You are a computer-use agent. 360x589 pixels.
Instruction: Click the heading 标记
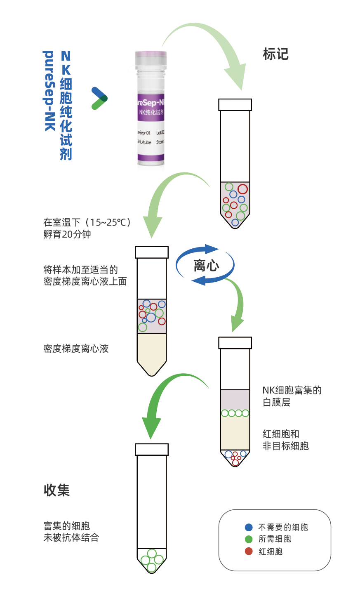click(x=275, y=54)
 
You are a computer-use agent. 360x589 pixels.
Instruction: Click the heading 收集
click(x=57, y=490)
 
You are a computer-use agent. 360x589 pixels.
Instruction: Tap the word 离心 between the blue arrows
click(x=206, y=265)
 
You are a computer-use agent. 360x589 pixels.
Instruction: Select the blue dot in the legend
click(x=249, y=527)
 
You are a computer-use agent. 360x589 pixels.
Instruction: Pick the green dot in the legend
click(x=249, y=539)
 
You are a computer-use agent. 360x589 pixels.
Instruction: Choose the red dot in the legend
click(x=249, y=551)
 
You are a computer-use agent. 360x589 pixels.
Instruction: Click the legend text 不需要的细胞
click(x=283, y=527)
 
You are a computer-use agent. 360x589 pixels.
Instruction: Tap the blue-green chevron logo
click(x=99, y=98)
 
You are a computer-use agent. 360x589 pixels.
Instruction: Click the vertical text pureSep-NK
click(x=49, y=91)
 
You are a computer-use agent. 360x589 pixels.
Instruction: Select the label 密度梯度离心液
click(x=76, y=349)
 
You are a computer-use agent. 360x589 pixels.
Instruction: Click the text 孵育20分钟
click(x=67, y=234)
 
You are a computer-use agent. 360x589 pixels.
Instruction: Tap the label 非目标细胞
click(x=286, y=446)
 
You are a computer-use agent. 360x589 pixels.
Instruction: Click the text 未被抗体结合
click(x=71, y=537)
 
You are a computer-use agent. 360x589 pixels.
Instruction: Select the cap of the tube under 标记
click(x=235, y=105)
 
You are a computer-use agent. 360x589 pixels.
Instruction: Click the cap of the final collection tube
click(x=152, y=449)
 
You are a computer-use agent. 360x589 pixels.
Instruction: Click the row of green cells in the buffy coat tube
click(x=235, y=413)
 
